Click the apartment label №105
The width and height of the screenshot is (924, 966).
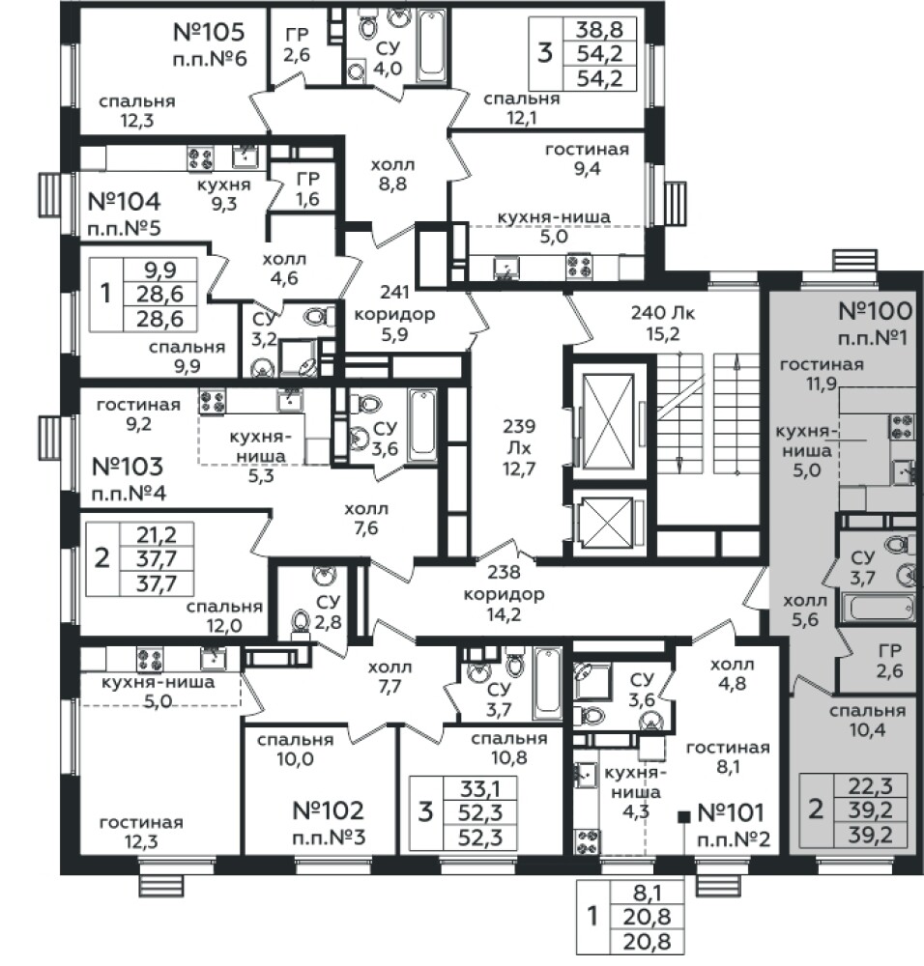pos(209,31)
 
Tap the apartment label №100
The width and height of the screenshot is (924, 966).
pos(875,311)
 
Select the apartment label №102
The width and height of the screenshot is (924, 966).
pos(329,810)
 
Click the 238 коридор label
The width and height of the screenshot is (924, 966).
pos(505,593)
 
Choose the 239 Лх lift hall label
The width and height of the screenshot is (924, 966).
pos(519,447)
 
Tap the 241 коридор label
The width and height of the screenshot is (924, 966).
pos(394,313)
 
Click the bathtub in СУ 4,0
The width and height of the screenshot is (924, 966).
pos(432,44)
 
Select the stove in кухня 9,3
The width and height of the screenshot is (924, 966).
pos(200,159)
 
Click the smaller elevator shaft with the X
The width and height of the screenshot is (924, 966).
pos(607,522)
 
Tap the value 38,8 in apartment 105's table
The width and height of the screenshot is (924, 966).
pos(600,30)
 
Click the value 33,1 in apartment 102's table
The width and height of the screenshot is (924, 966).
pos(480,788)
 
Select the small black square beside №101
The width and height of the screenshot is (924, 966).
pos(683,817)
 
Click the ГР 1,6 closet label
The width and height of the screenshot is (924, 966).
pos(307,188)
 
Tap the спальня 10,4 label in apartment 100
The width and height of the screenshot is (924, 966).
pos(867,721)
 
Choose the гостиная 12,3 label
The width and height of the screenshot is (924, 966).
pos(142,832)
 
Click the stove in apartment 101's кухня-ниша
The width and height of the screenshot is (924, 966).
pos(587,842)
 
